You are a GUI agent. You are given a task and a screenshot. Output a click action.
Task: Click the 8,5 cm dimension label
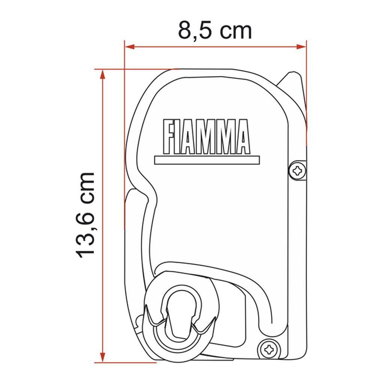click(x=214, y=31)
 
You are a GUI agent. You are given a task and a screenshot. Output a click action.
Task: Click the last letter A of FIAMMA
click(x=241, y=137)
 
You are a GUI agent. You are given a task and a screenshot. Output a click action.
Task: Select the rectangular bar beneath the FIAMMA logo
click(x=207, y=160)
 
